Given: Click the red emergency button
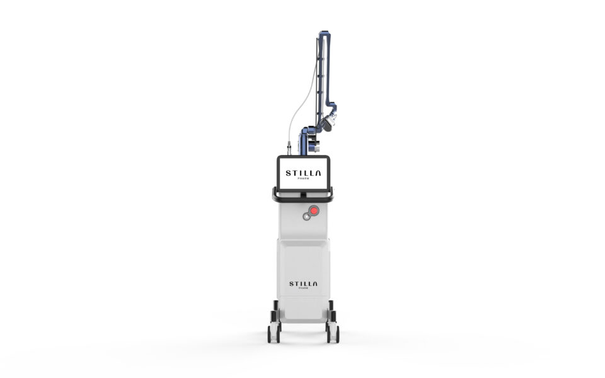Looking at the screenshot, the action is pyautogui.click(x=314, y=210).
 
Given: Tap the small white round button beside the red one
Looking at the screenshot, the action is pyautogui.click(x=307, y=217).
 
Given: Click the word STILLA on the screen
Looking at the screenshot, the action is pyautogui.click(x=303, y=173).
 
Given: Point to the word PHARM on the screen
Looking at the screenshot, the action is pyautogui.click(x=303, y=178).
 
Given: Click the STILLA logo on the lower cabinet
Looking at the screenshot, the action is pyautogui.click(x=303, y=284).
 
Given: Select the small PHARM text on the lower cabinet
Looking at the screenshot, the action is pyautogui.click(x=303, y=288).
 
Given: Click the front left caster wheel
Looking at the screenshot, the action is pyautogui.click(x=274, y=334).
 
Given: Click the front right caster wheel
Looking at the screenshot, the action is pyautogui.click(x=333, y=334).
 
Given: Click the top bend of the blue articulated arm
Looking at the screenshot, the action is pyautogui.click(x=324, y=33).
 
